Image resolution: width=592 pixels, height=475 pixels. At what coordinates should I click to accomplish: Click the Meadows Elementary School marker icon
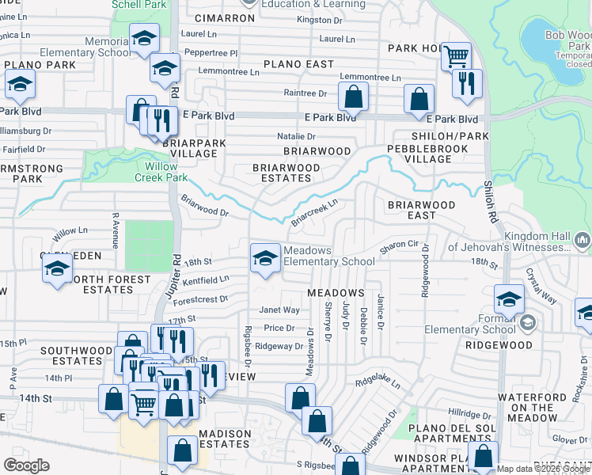click(x=265, y=256)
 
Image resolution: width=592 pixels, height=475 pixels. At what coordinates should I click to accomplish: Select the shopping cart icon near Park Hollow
click(x=456, y=56)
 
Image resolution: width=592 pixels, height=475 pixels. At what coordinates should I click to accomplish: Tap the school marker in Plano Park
click(x=20, y=84)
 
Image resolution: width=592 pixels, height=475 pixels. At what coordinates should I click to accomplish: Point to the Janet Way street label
click(x=280, y=310)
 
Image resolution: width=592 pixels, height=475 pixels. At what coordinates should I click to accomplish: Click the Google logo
click(x=26, y=465)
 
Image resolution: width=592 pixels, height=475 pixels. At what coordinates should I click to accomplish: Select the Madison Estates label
click(x=225, y=439)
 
